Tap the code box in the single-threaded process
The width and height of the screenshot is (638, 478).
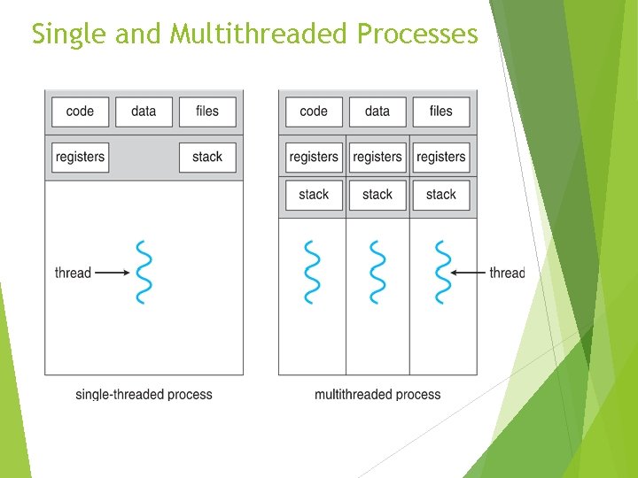pos(80,112)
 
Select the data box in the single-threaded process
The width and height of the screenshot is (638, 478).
pos(143,112)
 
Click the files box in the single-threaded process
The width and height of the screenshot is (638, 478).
pos(207,112)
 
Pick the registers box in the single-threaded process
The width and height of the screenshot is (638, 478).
pos(80,157)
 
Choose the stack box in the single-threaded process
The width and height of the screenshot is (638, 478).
pos(207,157)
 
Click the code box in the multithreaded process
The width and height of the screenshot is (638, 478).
pos(314,112)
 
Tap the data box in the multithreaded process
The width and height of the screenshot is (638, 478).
pos(377,112)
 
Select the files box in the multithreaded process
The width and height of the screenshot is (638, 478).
pos(441,112)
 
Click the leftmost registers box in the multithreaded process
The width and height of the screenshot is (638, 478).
pos(314,157)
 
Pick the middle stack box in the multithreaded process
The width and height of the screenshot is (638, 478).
pos(377,195)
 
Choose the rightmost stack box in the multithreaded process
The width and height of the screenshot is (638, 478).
pos(441,195)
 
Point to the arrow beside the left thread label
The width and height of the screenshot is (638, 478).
pos(112,273)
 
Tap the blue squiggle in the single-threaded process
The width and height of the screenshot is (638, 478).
pos(144,272)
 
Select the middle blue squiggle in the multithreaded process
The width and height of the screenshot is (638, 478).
pos(377,272)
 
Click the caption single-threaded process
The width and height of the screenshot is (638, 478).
pos(144,394)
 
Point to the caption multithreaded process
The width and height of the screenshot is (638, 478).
pos(377,394)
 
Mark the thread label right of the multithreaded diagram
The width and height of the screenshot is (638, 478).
pos(507,273)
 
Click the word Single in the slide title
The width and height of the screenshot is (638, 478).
pos(63,34)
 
